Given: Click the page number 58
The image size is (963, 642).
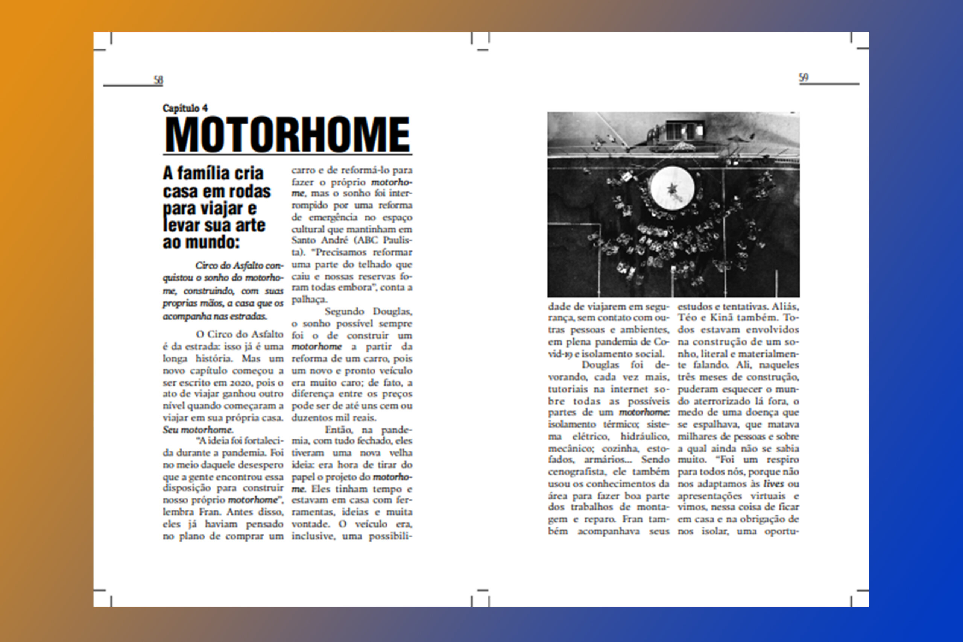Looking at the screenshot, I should [x=158, y=80].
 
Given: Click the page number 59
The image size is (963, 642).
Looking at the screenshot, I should [x=804, y=77].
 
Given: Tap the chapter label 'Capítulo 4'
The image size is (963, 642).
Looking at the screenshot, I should [x=185, y=108].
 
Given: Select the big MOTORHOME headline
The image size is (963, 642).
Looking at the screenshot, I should [x=287, y=135].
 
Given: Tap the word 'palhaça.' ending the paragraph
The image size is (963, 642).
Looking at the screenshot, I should [x=309, y=300].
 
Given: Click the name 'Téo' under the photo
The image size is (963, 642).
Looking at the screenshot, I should [x=687, y=317].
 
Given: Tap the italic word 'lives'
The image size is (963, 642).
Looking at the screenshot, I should [x=773, y=484].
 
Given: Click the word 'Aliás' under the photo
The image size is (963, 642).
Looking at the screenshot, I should [x=785, y=306].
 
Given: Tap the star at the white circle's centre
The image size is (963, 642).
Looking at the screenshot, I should [x=672, y=188].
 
